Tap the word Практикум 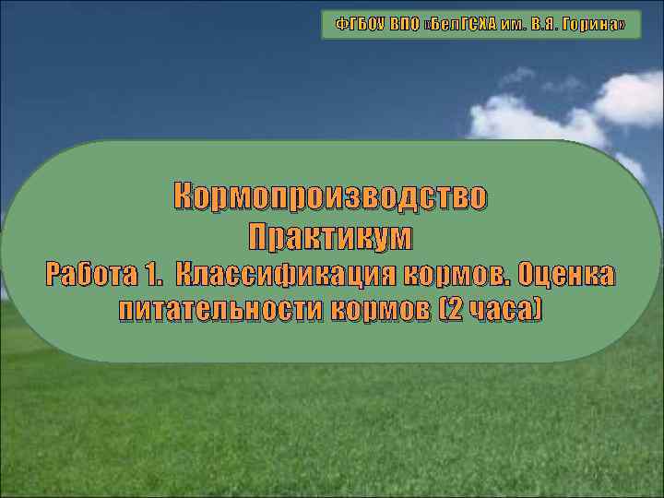click(331, 236)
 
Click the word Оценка click(566, 275)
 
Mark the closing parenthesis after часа click(537, 311)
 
